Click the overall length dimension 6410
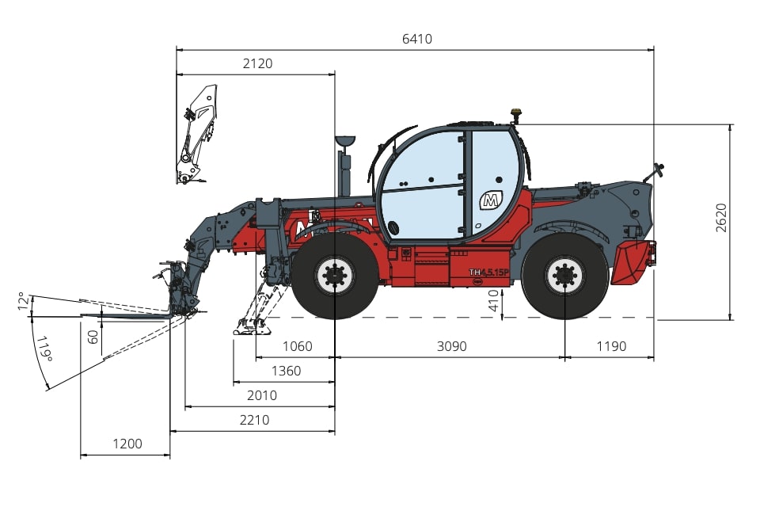point(417,39)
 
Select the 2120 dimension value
point(257,63)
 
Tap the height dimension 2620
point(721,218)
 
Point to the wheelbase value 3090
point(452,346)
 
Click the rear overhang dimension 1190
point(611,346)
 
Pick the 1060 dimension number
point(297,346)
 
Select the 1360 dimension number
point(286,372)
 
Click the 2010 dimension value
point(262,396)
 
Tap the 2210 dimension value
point(254,420)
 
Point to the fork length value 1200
point(127,444)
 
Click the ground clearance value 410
point(493,301)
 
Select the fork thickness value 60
point(93,336)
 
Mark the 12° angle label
point(21,301)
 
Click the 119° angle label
point(44,349)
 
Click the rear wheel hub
point(564,276)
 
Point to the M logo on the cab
point(491,200)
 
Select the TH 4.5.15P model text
point(489,273)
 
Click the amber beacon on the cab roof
point(515,114)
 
